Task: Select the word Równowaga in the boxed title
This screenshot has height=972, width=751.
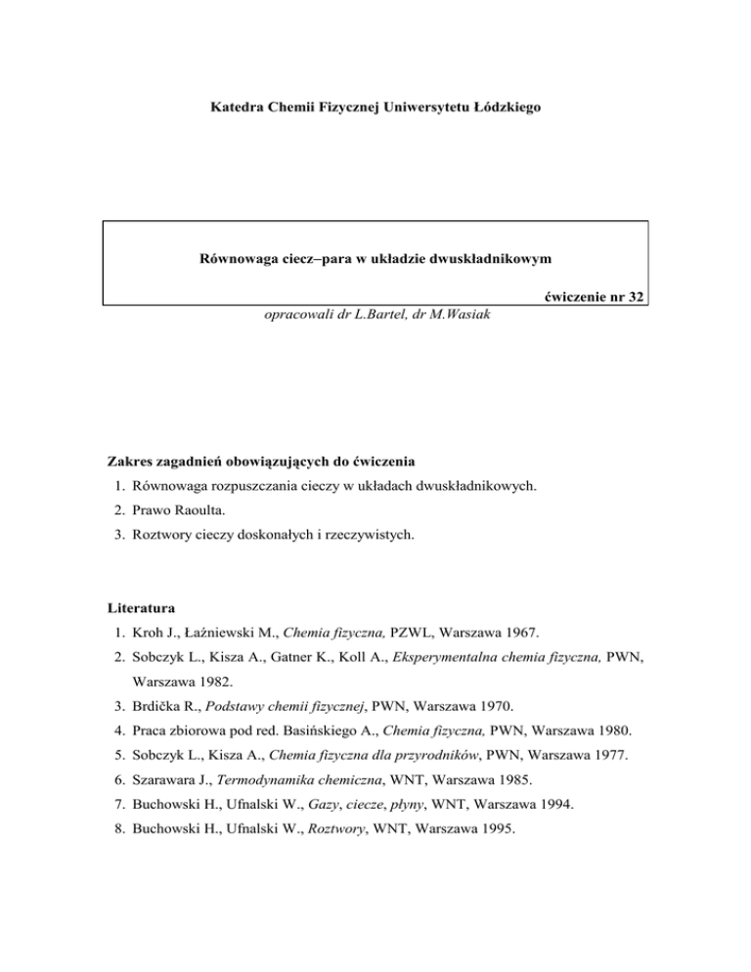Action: point(238,259)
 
